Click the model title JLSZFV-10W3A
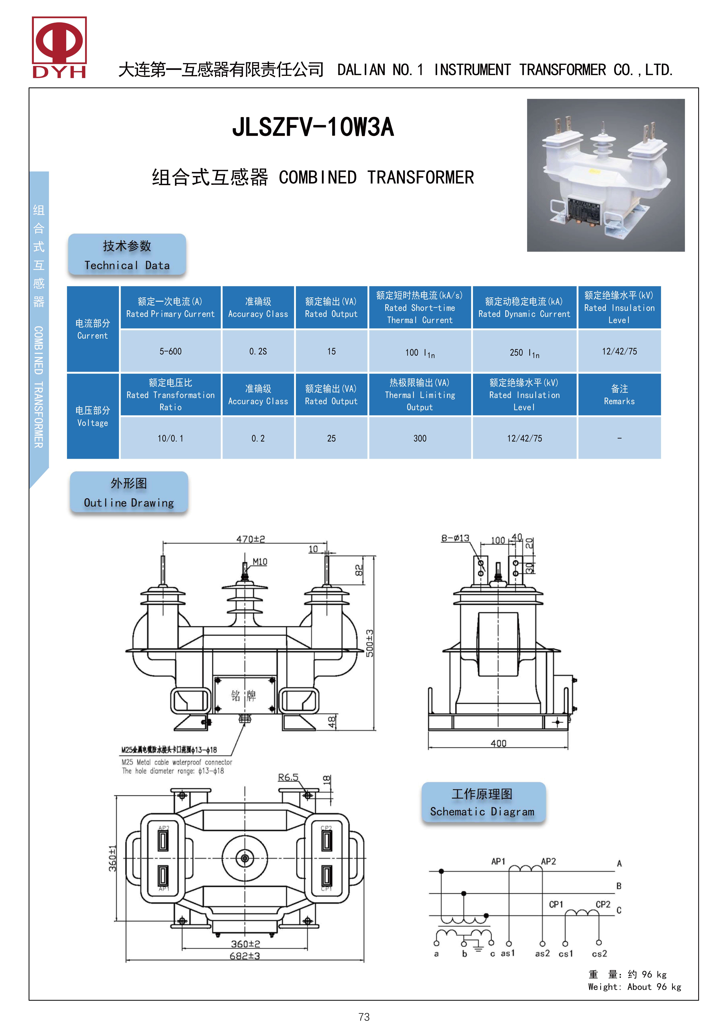(313, 127)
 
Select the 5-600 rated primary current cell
(170, 351)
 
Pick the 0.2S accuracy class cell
(258, 351)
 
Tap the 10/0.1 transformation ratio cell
(170, 438)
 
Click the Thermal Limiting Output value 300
(420, 438)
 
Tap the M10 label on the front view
(260, 562)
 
